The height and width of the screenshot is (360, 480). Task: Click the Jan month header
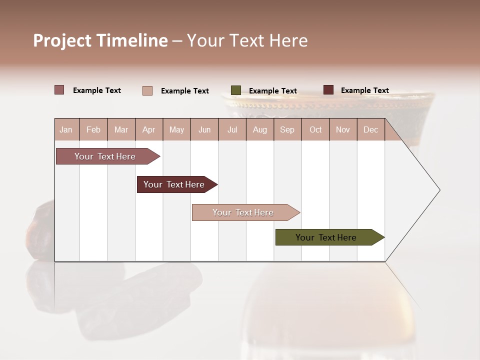point(66,130)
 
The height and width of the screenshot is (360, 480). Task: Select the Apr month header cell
point(149,130)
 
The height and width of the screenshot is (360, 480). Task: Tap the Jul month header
point(232,130)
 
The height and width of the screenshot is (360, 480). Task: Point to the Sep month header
point(287,130)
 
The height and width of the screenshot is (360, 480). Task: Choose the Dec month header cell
point(370,130)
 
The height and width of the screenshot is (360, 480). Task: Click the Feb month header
point(93,130)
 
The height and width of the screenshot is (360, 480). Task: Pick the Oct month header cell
point(315,130)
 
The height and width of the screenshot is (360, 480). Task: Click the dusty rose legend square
point(59,90)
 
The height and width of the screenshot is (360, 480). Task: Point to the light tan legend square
point(147,90)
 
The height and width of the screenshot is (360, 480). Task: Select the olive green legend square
point(236,90)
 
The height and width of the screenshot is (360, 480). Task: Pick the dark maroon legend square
point(328,90)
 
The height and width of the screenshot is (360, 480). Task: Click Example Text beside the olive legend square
point(273,91)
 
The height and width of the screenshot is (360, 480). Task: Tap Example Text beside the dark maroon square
point(365,90)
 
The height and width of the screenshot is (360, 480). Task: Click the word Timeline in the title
point(132,40)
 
